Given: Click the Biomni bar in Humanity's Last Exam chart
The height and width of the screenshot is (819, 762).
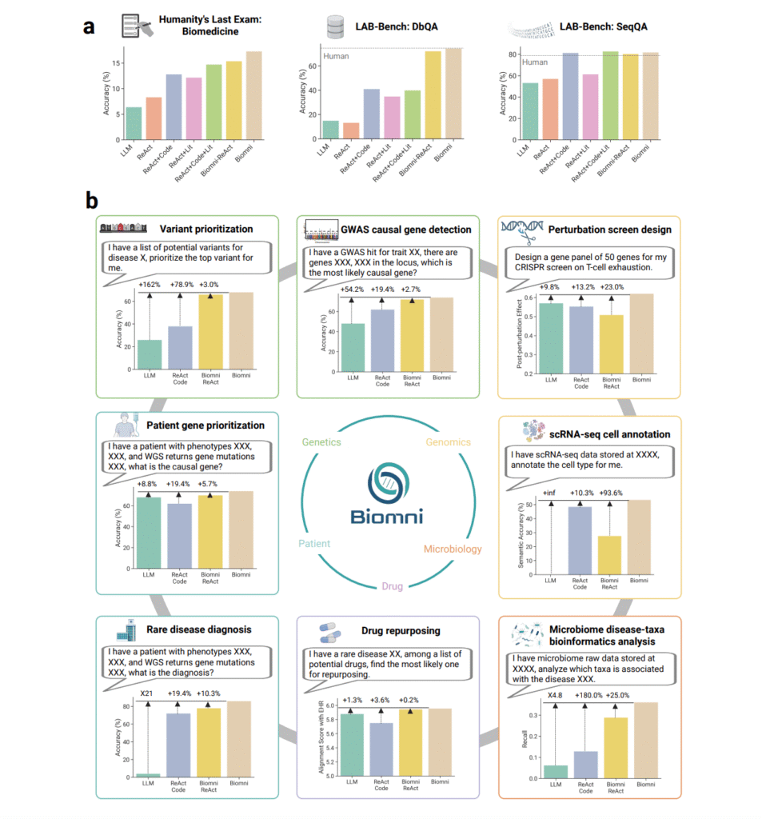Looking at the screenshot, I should pos(253,95).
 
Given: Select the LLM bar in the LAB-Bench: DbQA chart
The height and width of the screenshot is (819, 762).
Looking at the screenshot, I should pos(329,130).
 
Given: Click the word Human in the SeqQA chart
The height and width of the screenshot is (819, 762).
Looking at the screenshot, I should pos(535,62).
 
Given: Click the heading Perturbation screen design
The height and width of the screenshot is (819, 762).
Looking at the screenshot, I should pos(609,230).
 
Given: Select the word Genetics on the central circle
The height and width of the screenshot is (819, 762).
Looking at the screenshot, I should pos(322,441).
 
